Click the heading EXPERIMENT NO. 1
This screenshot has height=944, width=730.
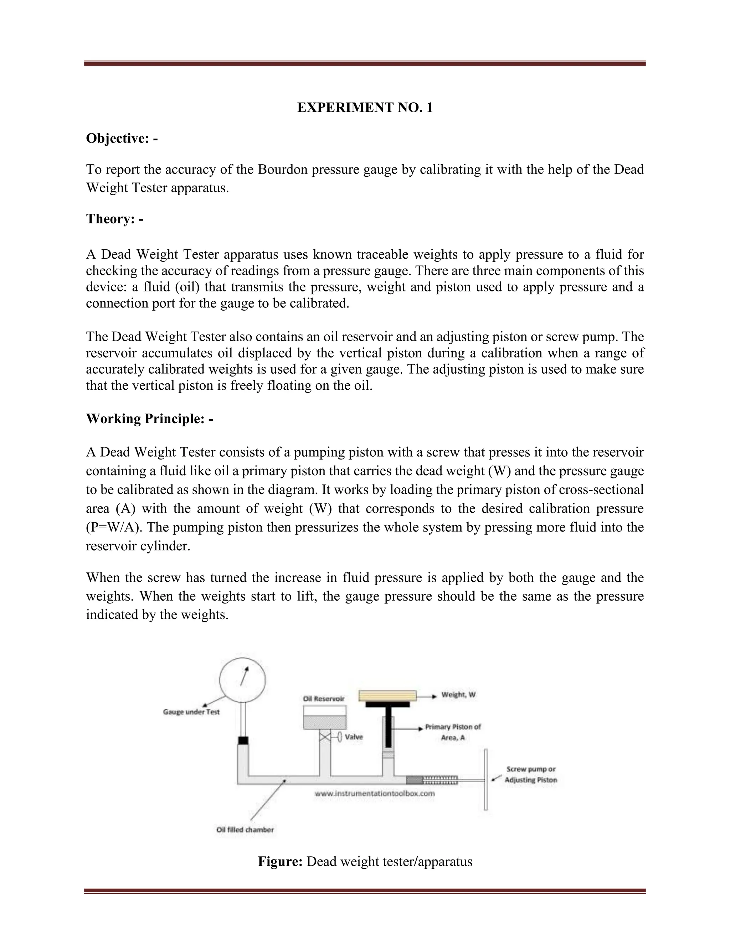coord(365,108)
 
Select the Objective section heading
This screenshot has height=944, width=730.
coord(122,138)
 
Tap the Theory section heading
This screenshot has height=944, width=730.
coord(115,219)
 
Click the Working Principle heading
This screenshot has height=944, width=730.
coord(150,419)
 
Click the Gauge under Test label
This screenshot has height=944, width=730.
coord(191,712)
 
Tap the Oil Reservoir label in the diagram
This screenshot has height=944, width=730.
coord(324,699)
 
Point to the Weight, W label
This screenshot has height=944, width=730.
coord(458,695)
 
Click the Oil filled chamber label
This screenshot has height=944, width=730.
coord(245,829)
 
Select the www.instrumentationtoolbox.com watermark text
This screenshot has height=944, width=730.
coord(375,794)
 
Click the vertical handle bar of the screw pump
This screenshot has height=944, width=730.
coord(486,779)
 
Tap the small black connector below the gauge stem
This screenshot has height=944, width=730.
coord(243,741)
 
